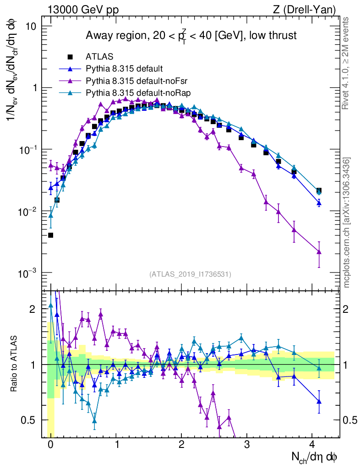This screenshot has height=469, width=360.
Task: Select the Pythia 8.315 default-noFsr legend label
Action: [x=131, y=81]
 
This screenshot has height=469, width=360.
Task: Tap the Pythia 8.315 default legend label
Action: [x=124, y=69]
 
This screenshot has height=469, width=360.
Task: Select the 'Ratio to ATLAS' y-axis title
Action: [x=15, y=365]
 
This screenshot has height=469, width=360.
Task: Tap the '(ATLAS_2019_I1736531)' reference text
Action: [x=190, y=274]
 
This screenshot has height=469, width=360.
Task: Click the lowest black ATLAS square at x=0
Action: [x=50, y=235]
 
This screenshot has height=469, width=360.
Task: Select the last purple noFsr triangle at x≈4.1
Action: [x=319, y=251]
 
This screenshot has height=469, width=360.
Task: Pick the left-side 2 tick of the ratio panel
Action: [x=33, y=309]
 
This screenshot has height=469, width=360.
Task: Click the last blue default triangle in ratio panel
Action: [x=319, y=401]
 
